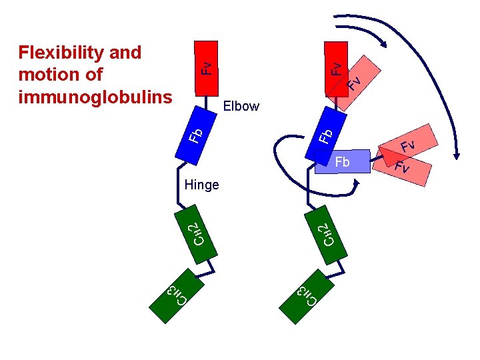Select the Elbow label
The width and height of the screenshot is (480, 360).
pos(241,106)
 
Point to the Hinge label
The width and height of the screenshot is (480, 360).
pos(201,185)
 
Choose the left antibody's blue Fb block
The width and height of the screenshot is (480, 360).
pos(194,134)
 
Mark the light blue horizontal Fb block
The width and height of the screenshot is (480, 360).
pos(343,163)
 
